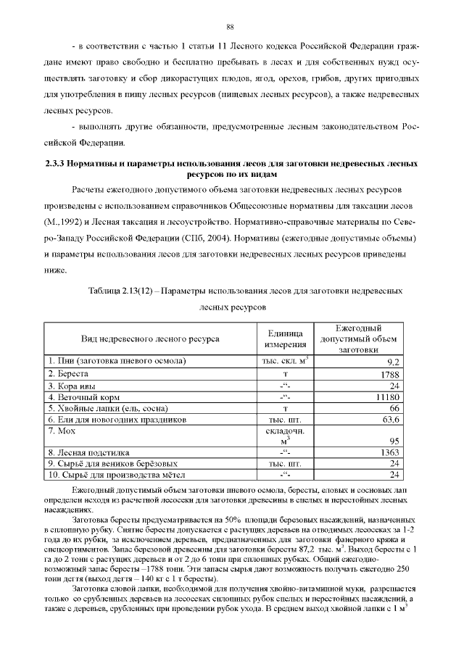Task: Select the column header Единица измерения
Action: click(286, 339)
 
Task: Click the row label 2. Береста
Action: click(68, 373)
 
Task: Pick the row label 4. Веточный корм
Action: click(80, 397)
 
